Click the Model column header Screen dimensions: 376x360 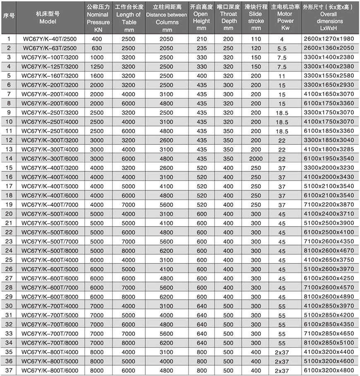[x=48, y=18]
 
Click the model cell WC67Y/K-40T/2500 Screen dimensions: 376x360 [x=49, y=38]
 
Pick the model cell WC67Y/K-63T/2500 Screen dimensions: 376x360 [x=49, y=48]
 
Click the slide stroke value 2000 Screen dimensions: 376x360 [x=256, y=158]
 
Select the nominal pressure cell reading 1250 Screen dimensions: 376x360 [x=98, y=66]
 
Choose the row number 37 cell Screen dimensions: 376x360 [x=9, y=370]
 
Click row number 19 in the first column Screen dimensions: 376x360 [x=9, y=204]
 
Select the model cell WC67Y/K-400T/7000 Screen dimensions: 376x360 [x=49, y=204]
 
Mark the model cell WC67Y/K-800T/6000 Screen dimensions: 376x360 [x=49, y=370]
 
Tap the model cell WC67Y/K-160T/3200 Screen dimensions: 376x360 [x=49, y=75]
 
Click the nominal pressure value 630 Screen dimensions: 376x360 [x=98, y=48]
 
